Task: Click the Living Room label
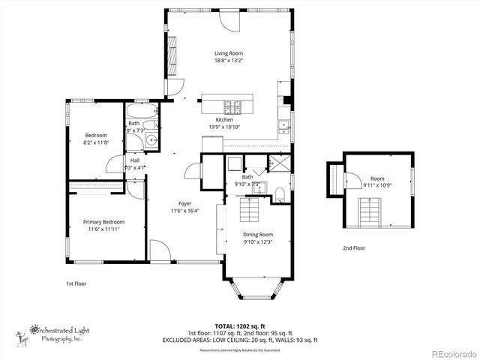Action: pyautogui.click(x=228, y=53)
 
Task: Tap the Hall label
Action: pyautogui.click(x=135, y=160)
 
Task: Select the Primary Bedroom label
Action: pyautogui.click(x=103, y=222)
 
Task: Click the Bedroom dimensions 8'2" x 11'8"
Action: pyautogui.click(x=95, y=142)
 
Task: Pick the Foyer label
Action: pyautogui.click(x=184, y=203)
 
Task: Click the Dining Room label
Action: pyautogui.click(x=258, y=234)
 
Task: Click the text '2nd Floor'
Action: pyautogui.click(x=355, y=247)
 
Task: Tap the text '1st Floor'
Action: pyautogui.click(x=76, y=284)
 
